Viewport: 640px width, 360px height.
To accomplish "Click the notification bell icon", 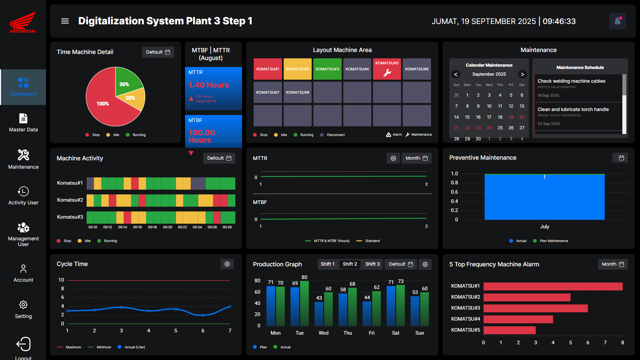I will (x=617, y=21).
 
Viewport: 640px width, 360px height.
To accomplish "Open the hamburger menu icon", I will (x=65, y=21).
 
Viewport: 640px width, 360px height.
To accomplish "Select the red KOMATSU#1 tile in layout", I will (x=268, y=69).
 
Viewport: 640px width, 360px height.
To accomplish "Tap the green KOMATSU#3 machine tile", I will (x=327, y=69).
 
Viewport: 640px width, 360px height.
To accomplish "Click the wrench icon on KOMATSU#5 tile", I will (x=387, y=73).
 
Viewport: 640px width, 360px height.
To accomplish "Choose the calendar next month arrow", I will (x=522, y=74).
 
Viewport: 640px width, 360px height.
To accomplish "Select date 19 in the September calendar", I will (x=511, y=117).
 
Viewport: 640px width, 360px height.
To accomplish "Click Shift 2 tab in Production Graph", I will (x=350, y=264).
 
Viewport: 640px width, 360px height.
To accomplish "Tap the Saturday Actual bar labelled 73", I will (x=400, y=305).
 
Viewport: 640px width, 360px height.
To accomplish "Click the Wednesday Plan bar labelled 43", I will (x=319, y=313).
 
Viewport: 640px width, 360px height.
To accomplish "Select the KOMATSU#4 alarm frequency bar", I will (x=518, y=319).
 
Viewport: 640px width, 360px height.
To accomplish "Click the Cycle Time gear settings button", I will (x=227, y=264).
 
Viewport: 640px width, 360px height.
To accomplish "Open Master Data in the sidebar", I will (x=23, y=123).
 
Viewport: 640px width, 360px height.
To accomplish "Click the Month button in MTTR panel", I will (x=416, y=158).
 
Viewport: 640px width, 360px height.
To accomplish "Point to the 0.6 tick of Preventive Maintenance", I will (x=454, y=192).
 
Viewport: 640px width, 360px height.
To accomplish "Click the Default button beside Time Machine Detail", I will (x=158, y=52).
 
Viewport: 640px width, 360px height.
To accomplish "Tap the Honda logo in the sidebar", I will (x=23, y=22).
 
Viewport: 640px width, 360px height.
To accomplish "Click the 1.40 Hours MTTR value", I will (x=209, y=85).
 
